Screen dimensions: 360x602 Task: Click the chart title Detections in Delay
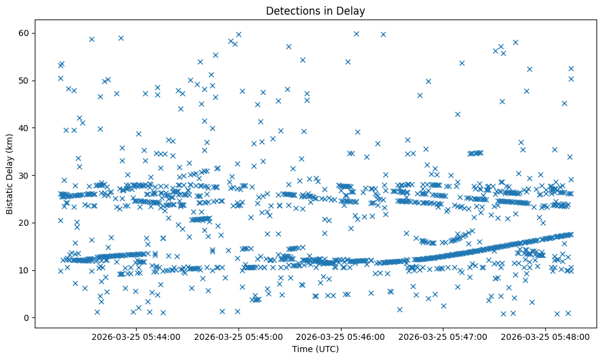(x=315, y=10)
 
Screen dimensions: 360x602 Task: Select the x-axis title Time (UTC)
(x=315, y=350)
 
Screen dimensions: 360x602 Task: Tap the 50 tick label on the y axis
(x=25, y=81)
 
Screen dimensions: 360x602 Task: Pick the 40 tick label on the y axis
(x=25, y=128)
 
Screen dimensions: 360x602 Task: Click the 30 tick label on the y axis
(x=25, y=175)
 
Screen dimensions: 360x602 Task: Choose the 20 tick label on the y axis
(x=25, y=223)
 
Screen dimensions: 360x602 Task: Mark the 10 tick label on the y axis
(x=25, y=270)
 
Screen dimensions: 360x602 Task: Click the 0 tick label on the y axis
(x=27, y=318)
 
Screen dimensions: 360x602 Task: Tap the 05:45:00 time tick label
(x=238, y=336)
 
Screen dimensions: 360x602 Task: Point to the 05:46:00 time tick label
(x=340, y=336)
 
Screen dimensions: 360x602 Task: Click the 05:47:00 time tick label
(x=443, y=336)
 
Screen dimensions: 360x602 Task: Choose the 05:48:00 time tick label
(x=545, y=336)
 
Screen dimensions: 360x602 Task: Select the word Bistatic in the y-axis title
(x=10, y=198)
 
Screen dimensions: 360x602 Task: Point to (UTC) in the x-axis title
(x=326, y=350)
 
